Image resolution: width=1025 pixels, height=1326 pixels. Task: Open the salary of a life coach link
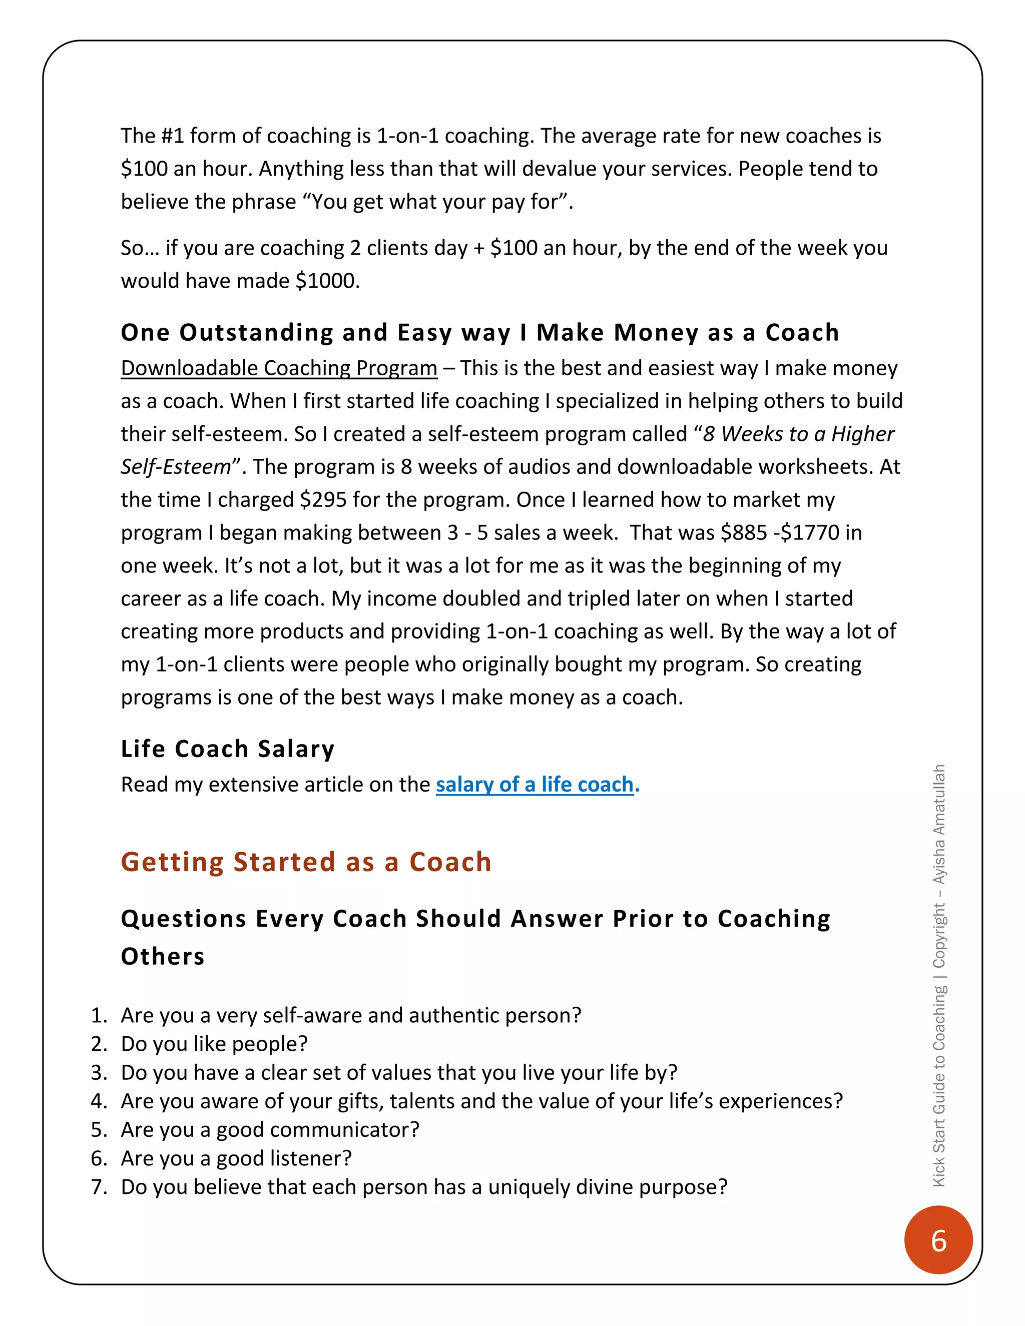(x=535, y=785)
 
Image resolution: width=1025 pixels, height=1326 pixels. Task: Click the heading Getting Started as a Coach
(x=305, y=862)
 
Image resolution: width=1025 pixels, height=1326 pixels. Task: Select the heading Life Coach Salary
(x=227, y=749)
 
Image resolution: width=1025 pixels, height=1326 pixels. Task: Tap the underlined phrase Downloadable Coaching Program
(x=279, y=368)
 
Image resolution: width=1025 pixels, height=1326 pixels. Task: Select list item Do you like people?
(x=214, y=1044)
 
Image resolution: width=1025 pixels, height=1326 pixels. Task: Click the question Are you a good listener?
(x=236, y=1158)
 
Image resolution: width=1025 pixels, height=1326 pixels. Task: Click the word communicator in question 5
(x=344, y=1129)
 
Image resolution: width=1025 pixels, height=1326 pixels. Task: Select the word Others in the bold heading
(x=162, y=956)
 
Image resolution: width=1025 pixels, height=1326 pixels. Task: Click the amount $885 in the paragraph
(x=744, y=532)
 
